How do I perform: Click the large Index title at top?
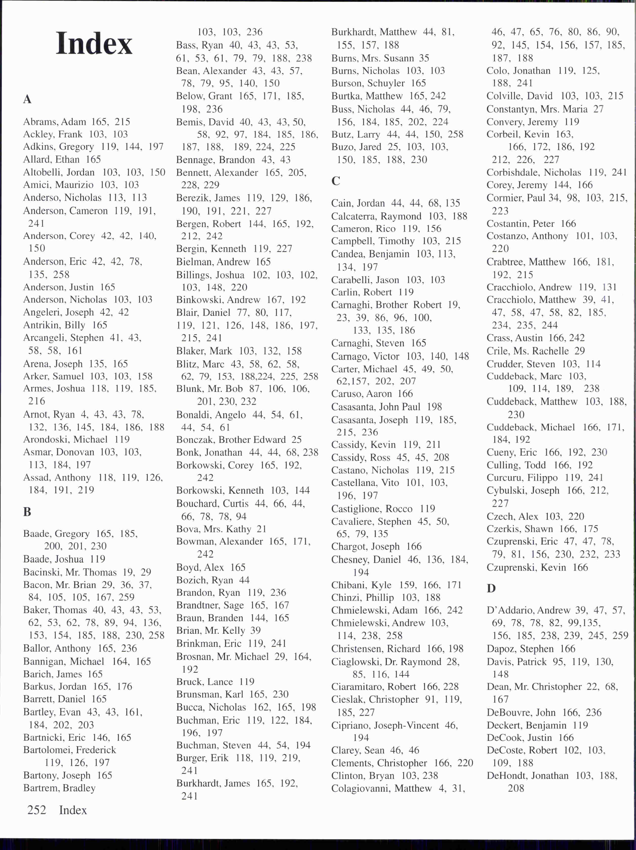point(94,44)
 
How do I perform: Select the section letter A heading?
point(27,99)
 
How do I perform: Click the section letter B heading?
point(27,512)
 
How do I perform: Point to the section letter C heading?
point(336,180)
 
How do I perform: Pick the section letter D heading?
point(491,588)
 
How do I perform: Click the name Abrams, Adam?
point(55,122)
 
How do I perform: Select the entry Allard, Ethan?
point(51,159)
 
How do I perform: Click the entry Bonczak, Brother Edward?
point(231,440)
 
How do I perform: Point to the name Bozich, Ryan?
point(204,580)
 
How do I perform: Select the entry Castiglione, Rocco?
point(372,509)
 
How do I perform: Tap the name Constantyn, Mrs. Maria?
point(537,109)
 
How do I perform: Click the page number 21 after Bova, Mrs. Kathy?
point(261,529)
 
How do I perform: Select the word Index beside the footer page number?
point(73,810)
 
